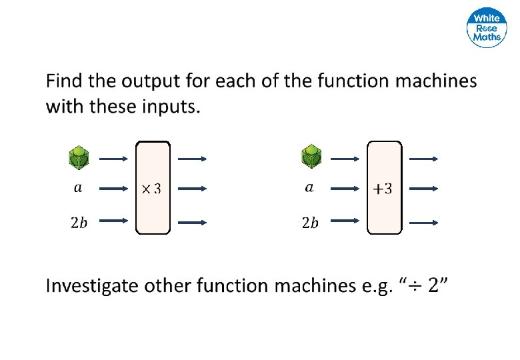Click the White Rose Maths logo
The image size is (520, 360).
(x=486, y=28)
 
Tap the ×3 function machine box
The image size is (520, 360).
(x=153, y=188)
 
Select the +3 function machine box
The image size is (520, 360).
(x=385, y=188)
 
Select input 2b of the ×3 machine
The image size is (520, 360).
(x=79, y=223)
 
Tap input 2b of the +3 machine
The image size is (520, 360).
(x=309, y=223)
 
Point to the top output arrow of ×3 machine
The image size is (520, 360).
(x=192, y=159)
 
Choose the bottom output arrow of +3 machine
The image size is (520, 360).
(x=423, y=221)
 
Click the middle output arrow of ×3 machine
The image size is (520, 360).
(x=192, y=189)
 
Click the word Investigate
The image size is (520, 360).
(x=92, y=287)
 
